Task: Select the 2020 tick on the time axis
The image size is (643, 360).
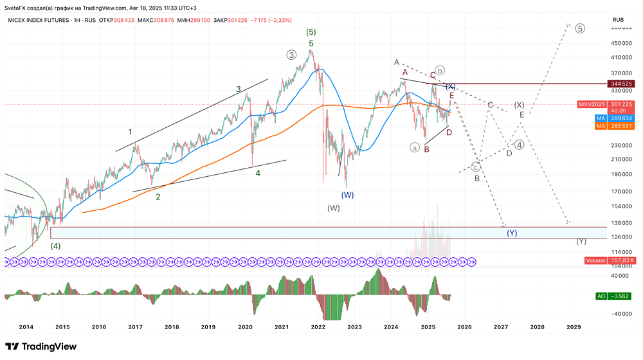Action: click(245, 327)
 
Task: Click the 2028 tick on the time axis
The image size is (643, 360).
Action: click(537, 327)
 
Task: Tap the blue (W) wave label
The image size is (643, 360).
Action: click(348, 195)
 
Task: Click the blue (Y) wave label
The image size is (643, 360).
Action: click(512, 233)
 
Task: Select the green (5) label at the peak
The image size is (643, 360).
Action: click(311, 32)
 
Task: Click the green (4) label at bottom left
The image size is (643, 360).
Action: click(56, 246)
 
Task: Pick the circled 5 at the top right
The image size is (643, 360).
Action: click(580, 29)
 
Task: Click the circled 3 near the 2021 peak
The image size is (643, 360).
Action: click(292, 55)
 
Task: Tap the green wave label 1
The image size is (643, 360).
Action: click(130, 132)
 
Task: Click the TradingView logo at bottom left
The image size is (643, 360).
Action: click(41, 346)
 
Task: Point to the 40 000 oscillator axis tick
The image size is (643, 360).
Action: click(619, 275)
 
